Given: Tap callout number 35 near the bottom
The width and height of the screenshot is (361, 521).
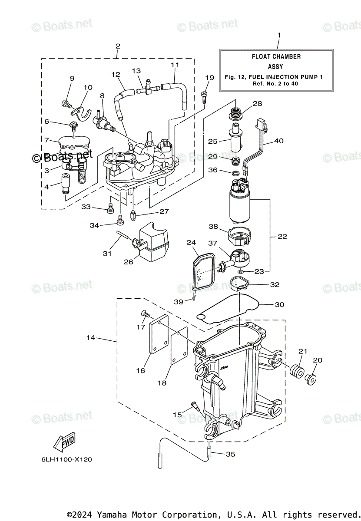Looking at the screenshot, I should [x=231, y=454].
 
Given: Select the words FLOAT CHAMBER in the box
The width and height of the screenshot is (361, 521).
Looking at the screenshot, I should [x=276, y=56].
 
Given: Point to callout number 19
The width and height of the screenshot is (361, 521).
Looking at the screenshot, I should [x=209, y=78].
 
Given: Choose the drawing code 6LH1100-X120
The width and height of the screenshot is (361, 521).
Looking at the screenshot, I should [x=64, y=459].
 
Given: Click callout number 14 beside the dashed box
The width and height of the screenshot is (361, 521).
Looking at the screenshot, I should [x=90, y=337].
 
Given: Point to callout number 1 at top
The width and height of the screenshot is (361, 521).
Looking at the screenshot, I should [x=279, y=35].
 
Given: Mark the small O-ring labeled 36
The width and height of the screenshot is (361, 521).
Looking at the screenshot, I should [x=235, y=175].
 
